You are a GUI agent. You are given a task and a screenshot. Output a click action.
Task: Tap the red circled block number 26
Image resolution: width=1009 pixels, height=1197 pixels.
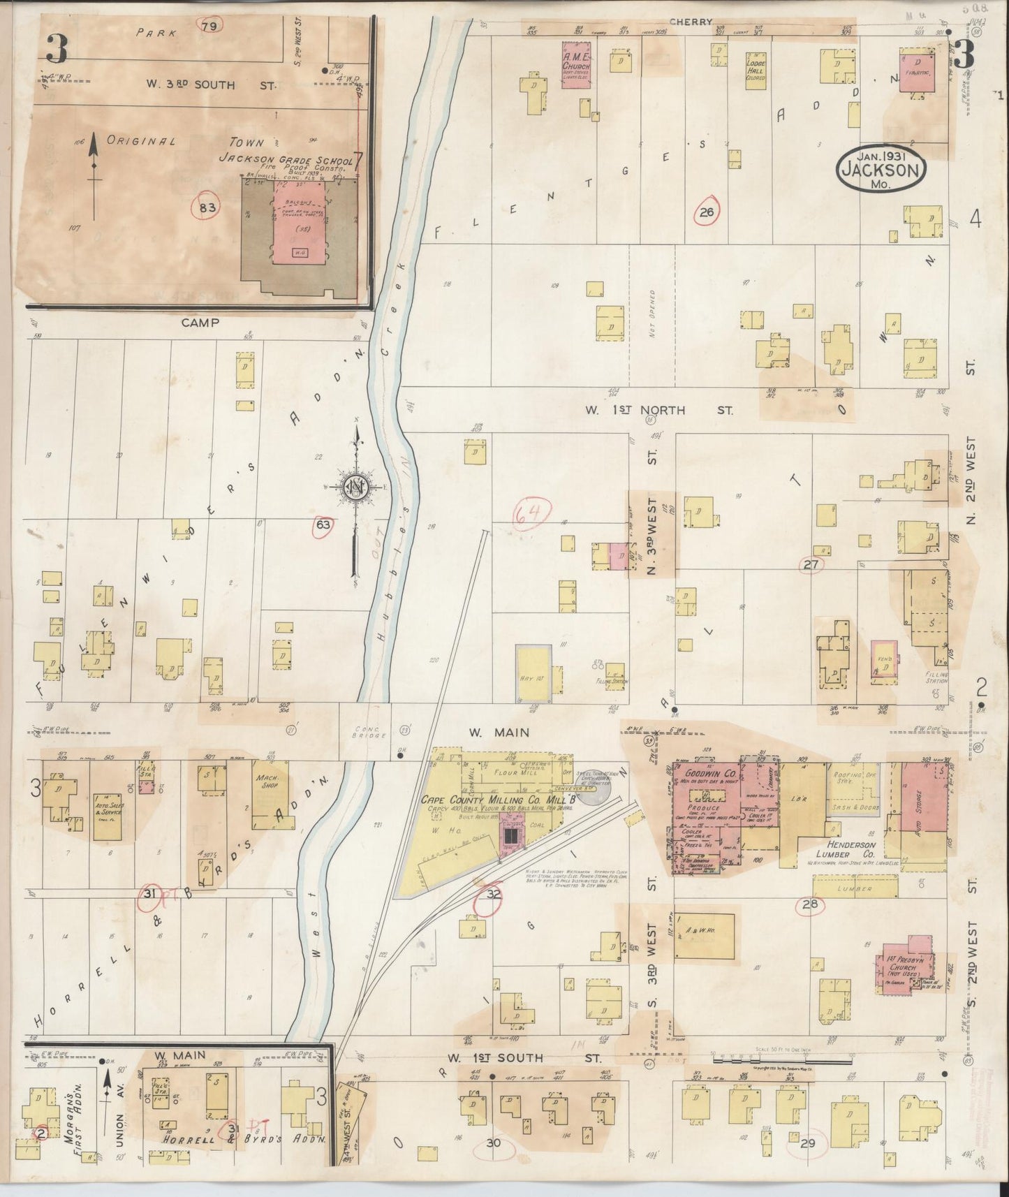tap(707, 212)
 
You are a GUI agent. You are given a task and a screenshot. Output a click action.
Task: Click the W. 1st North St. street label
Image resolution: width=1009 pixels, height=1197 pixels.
tap(658, 411)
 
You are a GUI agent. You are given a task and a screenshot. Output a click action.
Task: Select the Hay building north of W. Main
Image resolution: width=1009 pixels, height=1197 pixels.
tap(534, 673)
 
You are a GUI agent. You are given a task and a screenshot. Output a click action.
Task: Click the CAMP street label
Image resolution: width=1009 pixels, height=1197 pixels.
tap(200, 323)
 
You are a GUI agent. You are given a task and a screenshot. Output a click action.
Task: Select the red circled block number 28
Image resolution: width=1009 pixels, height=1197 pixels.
tap(809, 906)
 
